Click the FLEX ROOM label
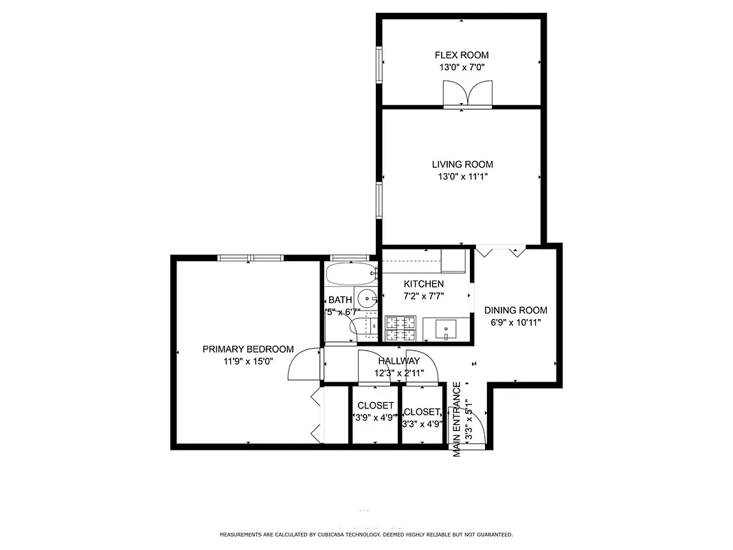coord(461,55)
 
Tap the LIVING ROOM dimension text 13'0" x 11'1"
coord(462,177)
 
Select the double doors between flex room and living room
coord(468,94)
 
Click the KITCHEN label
coord(423,284)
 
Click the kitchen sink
coord(447,330)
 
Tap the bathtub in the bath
coord(351,274)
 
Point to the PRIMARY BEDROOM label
coord(248,349)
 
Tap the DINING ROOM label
coord(515,310)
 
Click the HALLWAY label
coord(398,361)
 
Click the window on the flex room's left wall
coord(379,65)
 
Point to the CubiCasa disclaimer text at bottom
coord(366,534)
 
